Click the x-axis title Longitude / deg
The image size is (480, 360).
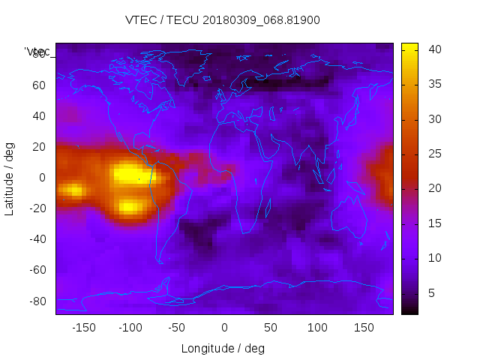pos(223,348)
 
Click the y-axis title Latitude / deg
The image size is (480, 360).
pos(10,178)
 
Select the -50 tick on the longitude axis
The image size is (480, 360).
pos(177,328)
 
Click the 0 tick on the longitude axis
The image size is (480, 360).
pos(224,328)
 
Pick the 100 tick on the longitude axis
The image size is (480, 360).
pos(318,328)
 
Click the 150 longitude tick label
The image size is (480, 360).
pos(364,328)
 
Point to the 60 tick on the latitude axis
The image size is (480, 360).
pos(38,85)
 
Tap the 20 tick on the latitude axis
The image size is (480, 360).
pos(38,147)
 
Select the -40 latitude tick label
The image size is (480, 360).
pos(36,239)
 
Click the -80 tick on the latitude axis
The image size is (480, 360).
pos(36,301)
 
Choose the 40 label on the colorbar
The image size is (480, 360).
pos(434,49)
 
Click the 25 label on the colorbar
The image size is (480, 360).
pos(434,154)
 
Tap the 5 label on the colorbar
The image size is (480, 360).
pos(431,292)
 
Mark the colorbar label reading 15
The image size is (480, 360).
pos(434,223)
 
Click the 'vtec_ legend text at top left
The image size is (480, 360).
pos(38,52)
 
